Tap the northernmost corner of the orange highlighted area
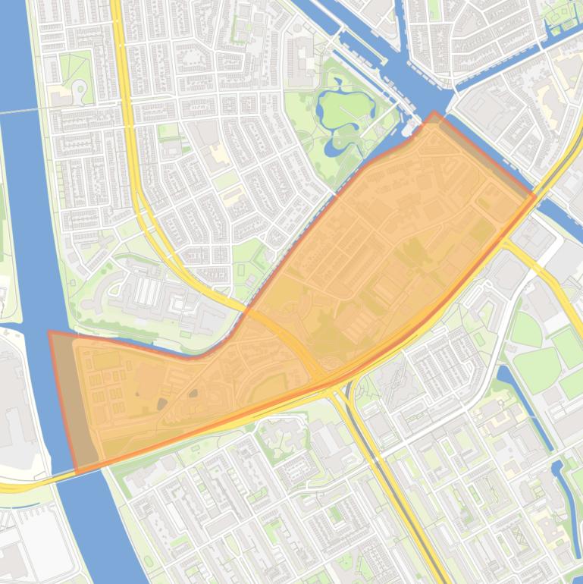434,113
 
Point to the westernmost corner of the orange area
50,332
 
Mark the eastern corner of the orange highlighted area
534,196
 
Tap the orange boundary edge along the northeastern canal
485,155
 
